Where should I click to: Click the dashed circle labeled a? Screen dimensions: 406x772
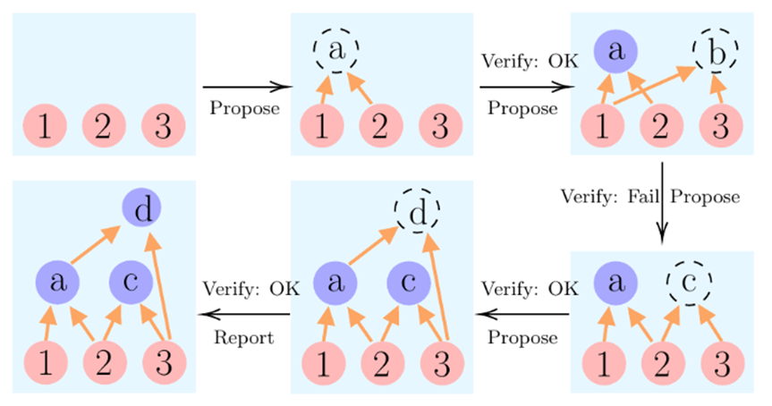click(335, 51)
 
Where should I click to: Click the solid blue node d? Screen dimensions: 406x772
click(143, 211)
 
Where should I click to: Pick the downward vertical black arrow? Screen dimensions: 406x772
click(662, 202)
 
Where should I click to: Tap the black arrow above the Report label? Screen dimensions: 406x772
click(245, 314)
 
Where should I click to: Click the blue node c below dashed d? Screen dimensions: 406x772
click(409, 283)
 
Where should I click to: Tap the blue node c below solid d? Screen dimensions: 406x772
click(131, 283)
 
